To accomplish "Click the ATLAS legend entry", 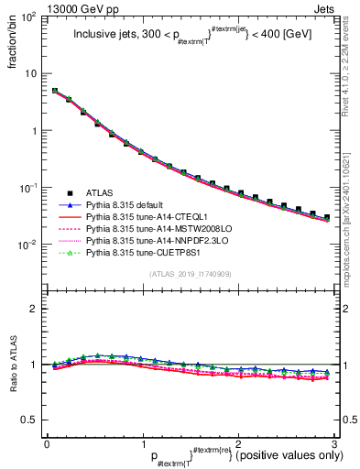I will [101, 193].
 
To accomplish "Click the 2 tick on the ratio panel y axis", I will [33, 309].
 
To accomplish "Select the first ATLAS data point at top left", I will [55, 91].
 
